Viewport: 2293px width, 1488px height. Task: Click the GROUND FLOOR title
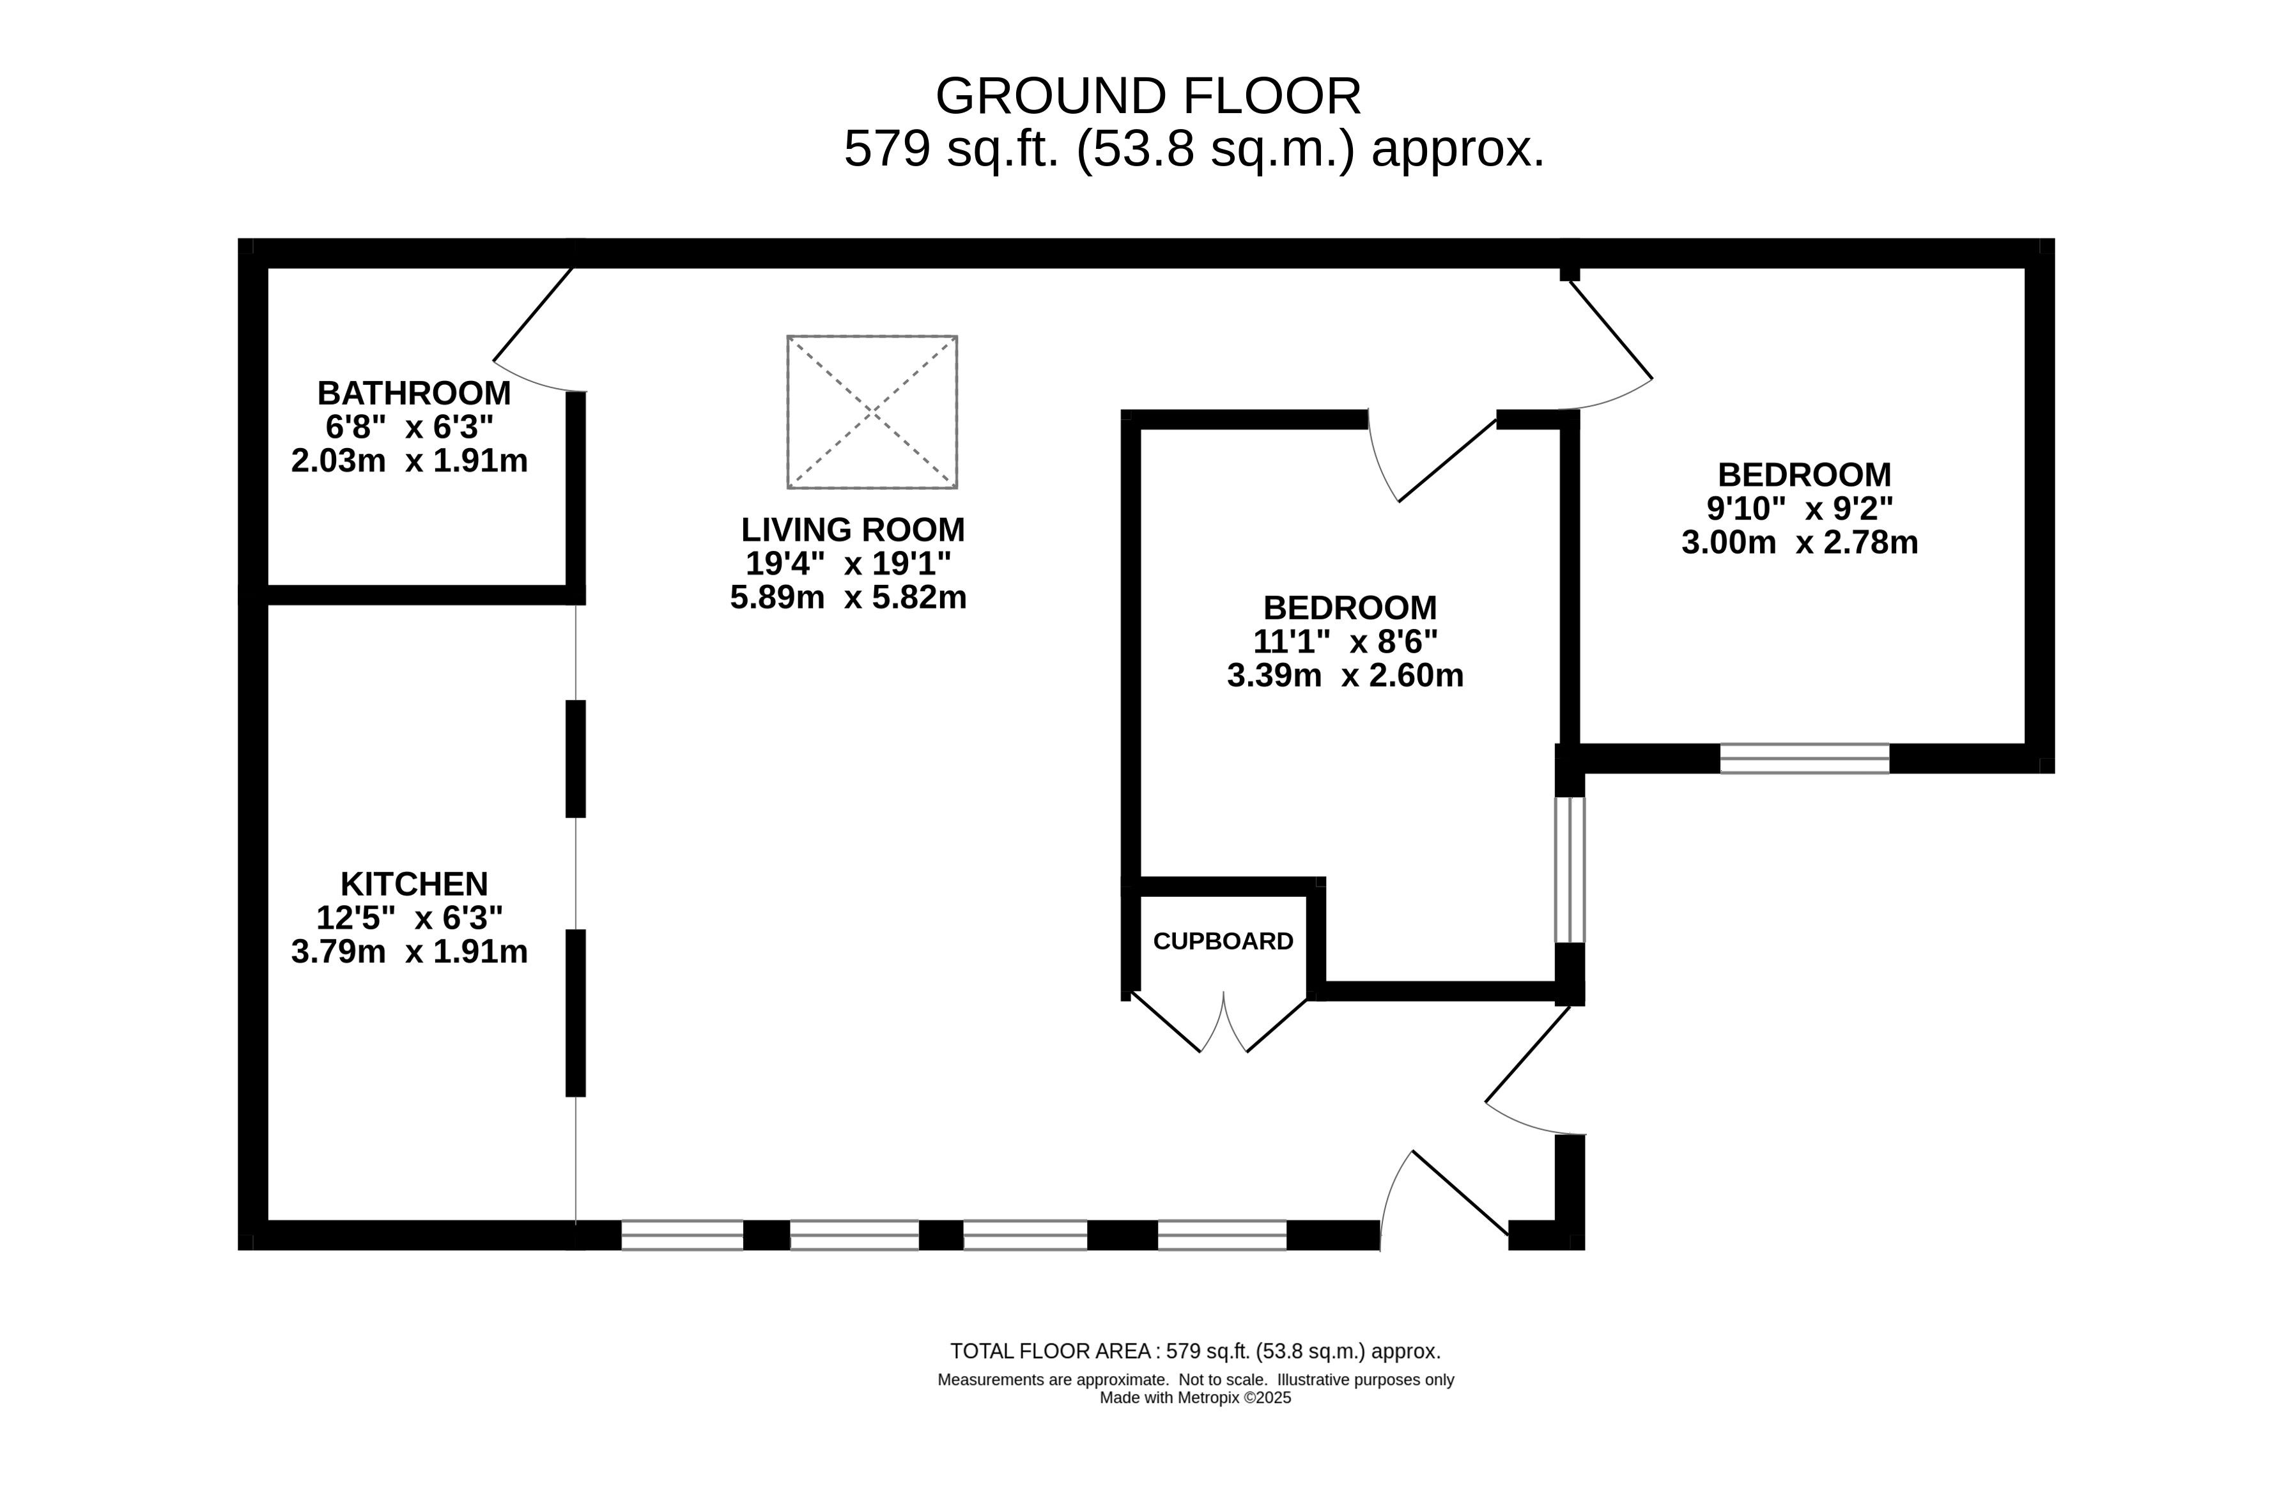pyautogui.click(x=1148, y=97)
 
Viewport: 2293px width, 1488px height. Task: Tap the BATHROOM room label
pyautogui.click(x=414, y=393)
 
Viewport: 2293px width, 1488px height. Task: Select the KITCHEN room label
pyautogui.click(x=414, y=884)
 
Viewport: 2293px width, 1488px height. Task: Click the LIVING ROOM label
pyautogui.click(x=853, y=530)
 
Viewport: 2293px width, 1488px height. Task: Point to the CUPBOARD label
pyautogui.click(x=1223, y=942)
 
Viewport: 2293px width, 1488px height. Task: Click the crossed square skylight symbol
pyautogui.click(x=872, y=412)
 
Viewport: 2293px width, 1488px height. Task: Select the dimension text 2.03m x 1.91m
pyautogui.click(x=410, y=461)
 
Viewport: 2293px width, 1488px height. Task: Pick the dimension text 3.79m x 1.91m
pyautogui.click(x=410, y=951)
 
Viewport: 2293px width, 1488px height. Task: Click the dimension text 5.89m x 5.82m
pyautogui.click(x=848, y=598)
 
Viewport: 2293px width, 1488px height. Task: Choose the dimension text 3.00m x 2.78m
pyautogui.click(x=1800, y=543)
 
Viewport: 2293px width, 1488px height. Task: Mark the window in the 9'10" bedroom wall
pyautogui.click(x=1805, y=759)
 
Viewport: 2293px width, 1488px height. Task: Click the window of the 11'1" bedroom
pyautogui.click(x=1570, y=869)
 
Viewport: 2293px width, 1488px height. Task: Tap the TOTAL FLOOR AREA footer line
pyautogui.click(x=1194, y=1351)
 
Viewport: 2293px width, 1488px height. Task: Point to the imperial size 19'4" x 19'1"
pyautogui.click(x=848, y=564)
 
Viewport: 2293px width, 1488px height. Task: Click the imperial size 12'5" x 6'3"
pyautogui.click(x=410, y=917)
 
